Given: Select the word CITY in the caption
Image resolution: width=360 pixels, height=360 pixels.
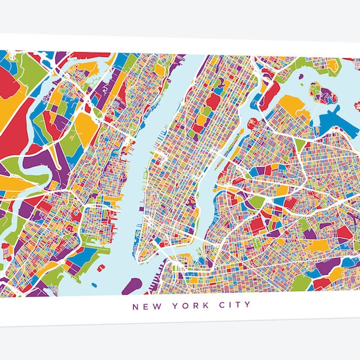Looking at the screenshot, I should tap(217, 307).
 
